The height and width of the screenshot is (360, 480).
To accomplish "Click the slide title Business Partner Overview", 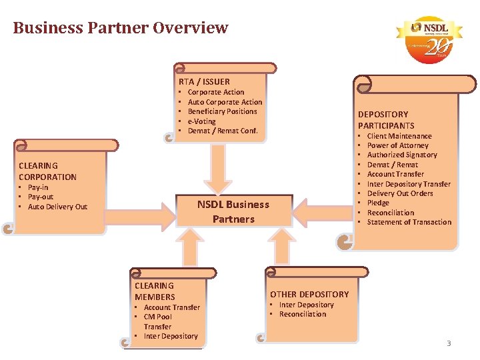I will (x=120, y=28).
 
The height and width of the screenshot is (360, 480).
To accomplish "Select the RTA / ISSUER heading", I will (x=204, y=81).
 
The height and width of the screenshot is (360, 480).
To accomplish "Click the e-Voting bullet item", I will (x=201, y=121).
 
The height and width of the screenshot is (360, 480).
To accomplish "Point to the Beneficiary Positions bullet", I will (x=222, y=111).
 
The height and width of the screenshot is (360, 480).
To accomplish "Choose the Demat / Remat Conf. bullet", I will (x=222, y=131).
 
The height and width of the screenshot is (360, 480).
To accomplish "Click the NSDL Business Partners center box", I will (x=233, y=211).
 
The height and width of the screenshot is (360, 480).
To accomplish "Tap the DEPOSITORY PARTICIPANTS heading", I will (x=386, y=120).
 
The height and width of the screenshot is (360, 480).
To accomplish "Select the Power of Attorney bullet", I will (x=397, y=145).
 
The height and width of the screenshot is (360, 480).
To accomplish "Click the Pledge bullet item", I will (x=378, y=203).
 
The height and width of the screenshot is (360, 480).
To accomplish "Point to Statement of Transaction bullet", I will (x=409, y=222).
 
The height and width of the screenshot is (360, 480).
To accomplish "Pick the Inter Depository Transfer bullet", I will (x=409, y=184).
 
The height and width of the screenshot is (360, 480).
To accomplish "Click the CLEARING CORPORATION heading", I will (x=47, y=171).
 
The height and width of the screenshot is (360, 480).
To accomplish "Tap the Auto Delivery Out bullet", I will (x=57, y=207).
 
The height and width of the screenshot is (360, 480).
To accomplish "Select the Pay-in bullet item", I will (x=39, y=187).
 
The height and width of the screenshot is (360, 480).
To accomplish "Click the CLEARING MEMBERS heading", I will (x=155, y=291).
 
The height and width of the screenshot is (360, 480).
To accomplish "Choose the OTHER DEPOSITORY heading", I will (x=309, y=294).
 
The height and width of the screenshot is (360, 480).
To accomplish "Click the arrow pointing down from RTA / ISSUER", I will (x=218, y=167).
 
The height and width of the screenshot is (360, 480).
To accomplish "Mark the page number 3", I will (x=449, y=343).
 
